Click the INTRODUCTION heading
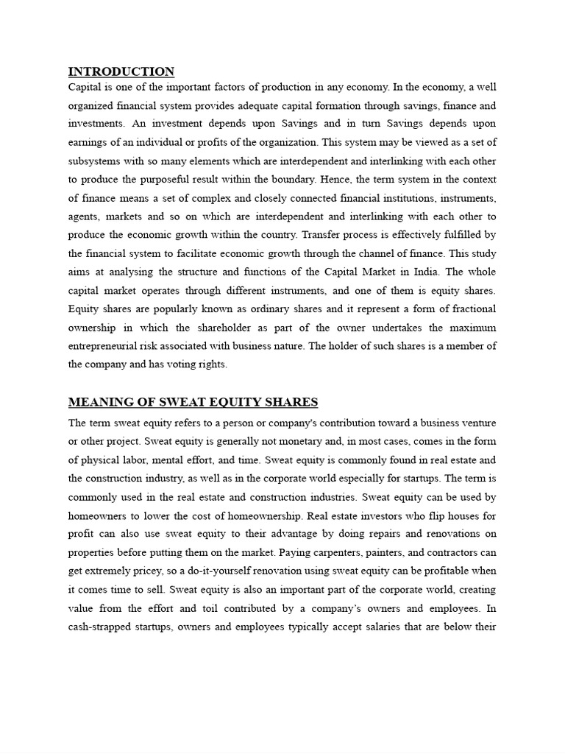coord(121,71)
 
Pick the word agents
coord(85,216)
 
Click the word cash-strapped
coord(103,627)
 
